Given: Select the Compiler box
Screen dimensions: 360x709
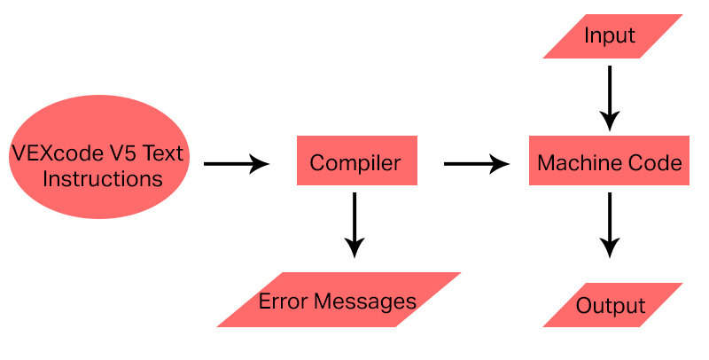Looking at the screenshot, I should point(354,163).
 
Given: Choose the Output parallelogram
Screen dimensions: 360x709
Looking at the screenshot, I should point(612,306).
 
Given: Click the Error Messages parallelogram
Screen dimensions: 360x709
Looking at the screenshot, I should point(338,301).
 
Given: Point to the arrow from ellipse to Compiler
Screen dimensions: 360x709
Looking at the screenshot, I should point(236,163).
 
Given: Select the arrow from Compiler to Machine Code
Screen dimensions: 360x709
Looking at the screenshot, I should point(476,163).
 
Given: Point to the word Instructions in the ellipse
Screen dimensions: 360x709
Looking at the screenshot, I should point(103,179).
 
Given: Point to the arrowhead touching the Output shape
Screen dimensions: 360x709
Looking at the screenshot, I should point(609,248).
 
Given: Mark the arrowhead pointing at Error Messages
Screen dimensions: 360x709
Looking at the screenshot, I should point(354,248).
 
